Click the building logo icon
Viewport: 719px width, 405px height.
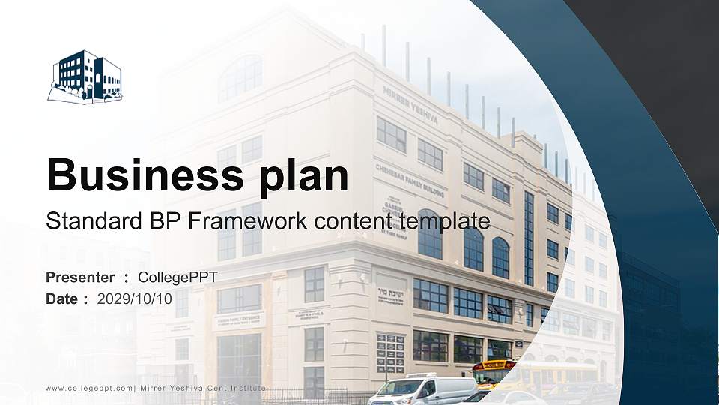click(85, 77)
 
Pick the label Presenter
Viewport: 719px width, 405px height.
click(80, 277)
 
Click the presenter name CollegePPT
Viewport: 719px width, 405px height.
click(178, 277)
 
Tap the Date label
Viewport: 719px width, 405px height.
click(62, 298)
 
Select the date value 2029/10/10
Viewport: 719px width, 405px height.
click(135, 298)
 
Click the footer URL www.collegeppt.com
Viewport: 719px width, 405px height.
click(89, 388)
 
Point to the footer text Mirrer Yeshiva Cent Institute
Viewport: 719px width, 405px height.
click(202, 388)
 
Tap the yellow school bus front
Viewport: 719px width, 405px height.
click(493, 371)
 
